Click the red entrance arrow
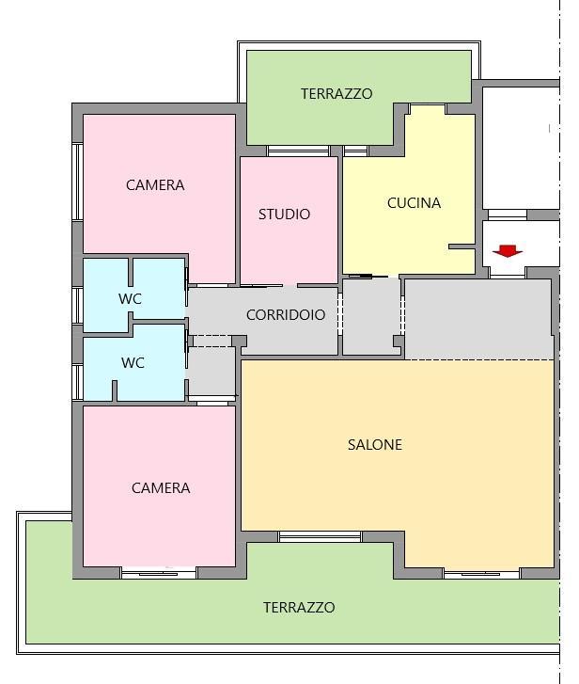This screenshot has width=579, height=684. [x=508, y=251]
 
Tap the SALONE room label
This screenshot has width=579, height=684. [x=375, y=444]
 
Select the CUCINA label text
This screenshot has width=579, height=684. [x=414, y=203]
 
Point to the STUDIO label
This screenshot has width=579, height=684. [x=284, y=215]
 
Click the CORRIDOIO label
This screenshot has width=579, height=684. [x=286, y=314]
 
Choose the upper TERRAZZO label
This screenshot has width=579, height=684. [x=336, y=94]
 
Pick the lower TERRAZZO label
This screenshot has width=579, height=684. [x=299, y=607]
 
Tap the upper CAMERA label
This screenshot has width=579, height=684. [x=155, y=185]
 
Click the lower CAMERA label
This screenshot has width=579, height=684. [x=161, y=487]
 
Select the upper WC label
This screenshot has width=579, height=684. [x=130, y=299]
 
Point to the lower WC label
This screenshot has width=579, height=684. [x=133, y=362]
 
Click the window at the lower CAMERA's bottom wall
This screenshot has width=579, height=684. [x=159, y=573]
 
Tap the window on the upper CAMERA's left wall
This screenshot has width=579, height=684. [x=78, y=182]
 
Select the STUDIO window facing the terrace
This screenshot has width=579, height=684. [x=298, y=151]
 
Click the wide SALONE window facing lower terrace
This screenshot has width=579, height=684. [x=321, y=536]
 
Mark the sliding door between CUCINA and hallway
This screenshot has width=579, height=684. [x=368, y=276]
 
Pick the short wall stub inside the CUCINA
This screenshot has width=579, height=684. [x=462, y=247]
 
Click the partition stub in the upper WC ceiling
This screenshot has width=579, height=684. [x=131, y=272]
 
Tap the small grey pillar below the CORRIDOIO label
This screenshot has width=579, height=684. [x=239, y=341]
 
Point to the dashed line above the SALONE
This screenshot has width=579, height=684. [x=479, y=360]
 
